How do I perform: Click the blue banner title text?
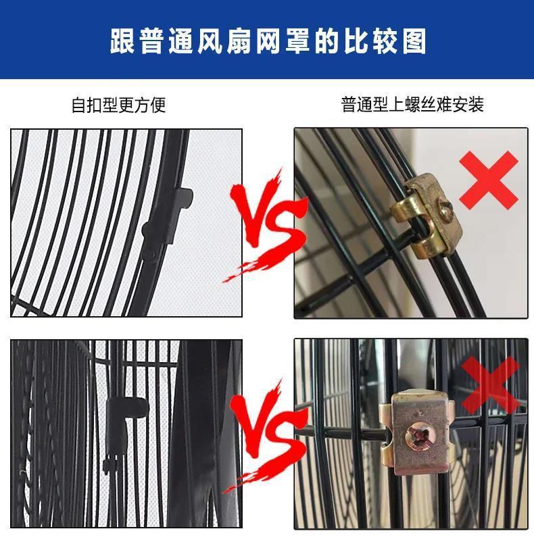(x=268, y=41)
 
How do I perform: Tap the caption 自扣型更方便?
(x=118, y=105)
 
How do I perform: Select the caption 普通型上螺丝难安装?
(x=412, y=105)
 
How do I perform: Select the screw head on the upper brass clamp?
(x=444, y=205)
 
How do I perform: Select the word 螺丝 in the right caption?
(x=428, y=105)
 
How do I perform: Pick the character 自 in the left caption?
(x=79, y=105)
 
